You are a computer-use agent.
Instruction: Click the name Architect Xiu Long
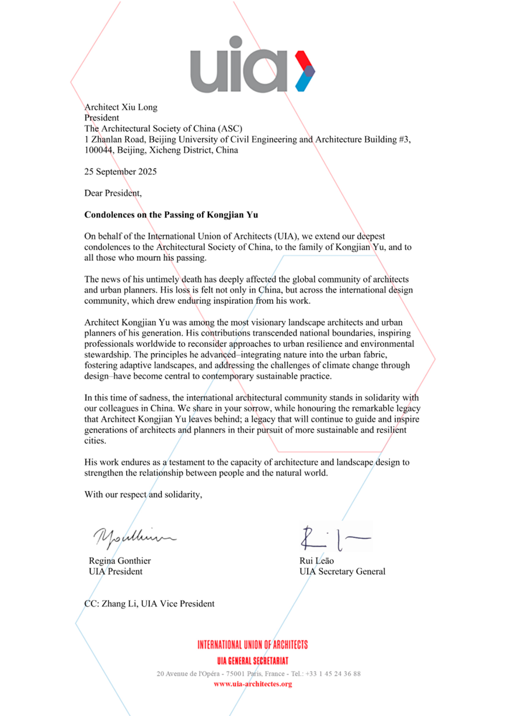(121, 107)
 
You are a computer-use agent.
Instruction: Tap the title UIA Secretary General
(342, 572)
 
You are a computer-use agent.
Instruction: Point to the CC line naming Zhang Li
(149, 604)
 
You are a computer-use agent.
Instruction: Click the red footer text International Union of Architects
(253, 645)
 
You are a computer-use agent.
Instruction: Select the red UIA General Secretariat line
(253, 661)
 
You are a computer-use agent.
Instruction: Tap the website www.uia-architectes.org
(253, 684)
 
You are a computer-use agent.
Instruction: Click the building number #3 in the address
(405, 140)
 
